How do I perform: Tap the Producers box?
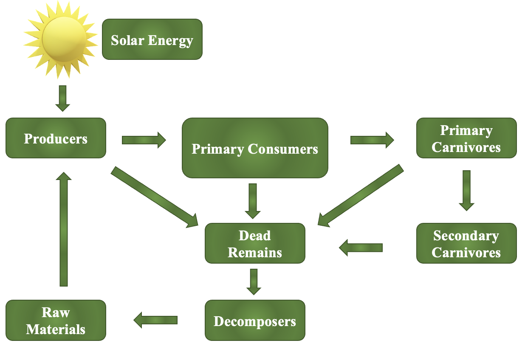56,138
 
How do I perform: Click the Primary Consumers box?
255,148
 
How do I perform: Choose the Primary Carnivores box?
466,138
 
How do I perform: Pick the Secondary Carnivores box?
466,243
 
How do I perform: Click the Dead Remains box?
255,243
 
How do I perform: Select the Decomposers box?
255,321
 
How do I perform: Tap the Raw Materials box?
56,321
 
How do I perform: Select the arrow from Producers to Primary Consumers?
144,140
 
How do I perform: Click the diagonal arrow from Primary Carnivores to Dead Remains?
361,196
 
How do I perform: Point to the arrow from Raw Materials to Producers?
63,229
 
